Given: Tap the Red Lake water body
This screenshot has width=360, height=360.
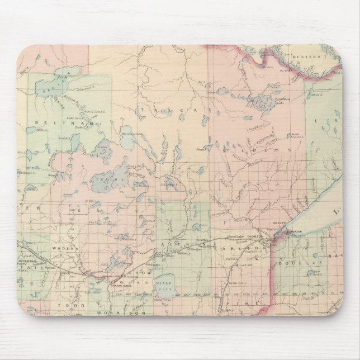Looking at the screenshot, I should [53, 85].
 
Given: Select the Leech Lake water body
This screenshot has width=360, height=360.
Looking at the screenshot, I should [112, 179].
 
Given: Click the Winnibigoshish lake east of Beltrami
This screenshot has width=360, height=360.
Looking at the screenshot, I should [127, 139].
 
